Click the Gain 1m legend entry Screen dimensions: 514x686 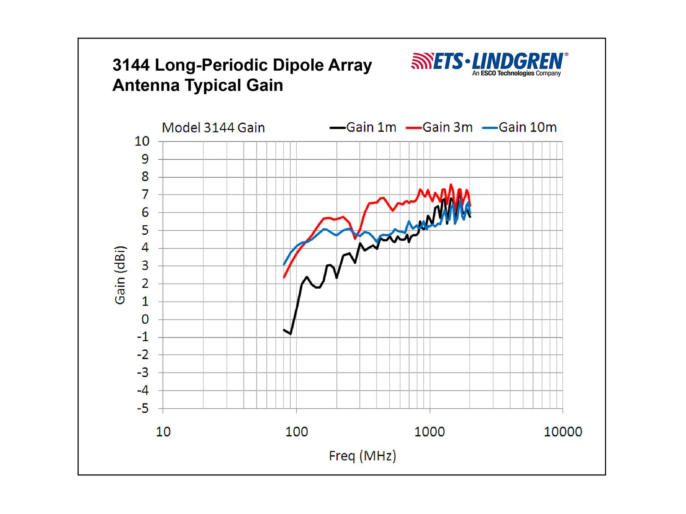(364, 127)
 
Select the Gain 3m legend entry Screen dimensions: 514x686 (440, 127)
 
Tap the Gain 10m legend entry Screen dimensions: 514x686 (520, 127)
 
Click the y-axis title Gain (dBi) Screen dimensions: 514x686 (120, 275)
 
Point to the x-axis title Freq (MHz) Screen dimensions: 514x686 (362, 455)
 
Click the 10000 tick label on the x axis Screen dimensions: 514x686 (563, 431)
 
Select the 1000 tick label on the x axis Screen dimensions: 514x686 (429, 431)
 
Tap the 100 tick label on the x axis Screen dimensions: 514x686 (296, 431)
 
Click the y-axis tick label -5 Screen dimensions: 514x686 (143, 408)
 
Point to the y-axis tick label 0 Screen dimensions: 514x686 (145, 319)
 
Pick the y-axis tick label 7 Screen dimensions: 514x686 (145, 194)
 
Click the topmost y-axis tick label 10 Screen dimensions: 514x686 (142, 141)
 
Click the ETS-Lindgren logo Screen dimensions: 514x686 (489, 61)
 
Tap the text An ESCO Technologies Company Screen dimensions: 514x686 (516, 74)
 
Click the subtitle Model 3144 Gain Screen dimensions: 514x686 (213, 128)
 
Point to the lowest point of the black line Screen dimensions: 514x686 (291, 334)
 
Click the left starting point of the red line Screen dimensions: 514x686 (284, 278)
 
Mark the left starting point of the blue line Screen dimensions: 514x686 (284, 265)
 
